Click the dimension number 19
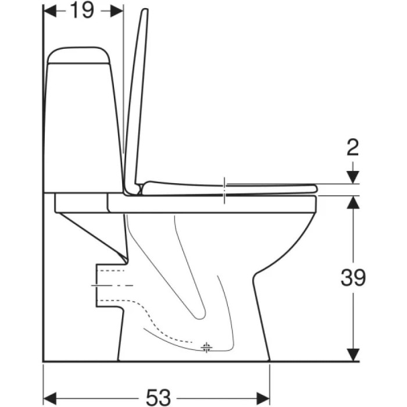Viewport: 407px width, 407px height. point(82,10)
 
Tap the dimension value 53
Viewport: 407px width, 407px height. point(158,397)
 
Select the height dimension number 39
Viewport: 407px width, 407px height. point(353,277)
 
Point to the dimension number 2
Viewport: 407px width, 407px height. point(353,147)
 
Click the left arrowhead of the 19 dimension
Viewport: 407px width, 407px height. point(50,11)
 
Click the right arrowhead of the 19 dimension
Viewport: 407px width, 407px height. point(117,11)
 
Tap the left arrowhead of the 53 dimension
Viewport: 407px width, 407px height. point(50,398)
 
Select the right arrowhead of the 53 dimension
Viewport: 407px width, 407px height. point(263,398)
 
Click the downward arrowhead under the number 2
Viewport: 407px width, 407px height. point(353,177)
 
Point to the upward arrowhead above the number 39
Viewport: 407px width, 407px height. point(353,202)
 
